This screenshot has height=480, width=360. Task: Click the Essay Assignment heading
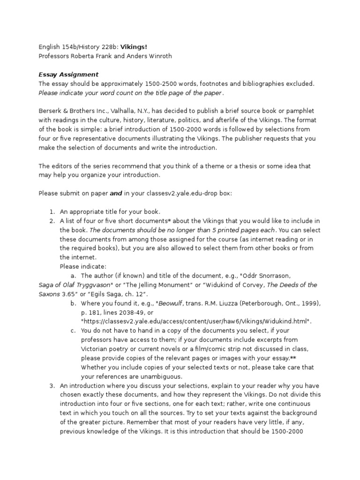[68, 74]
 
